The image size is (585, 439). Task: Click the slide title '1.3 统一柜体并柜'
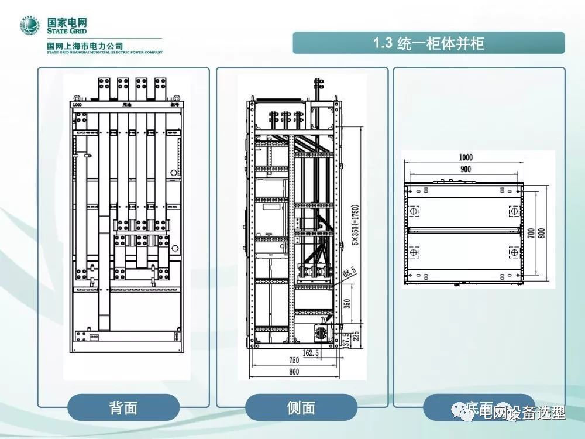(x=429, y=43)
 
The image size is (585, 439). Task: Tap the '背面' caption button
(x=123, y=407)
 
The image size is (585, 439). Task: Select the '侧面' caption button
(x=301, y=407)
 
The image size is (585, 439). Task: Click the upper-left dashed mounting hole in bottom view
(x=414, y=210)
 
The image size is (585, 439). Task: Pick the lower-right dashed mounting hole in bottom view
(x=514, y=252)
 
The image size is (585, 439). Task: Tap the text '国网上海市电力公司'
(x=85, y=46)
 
